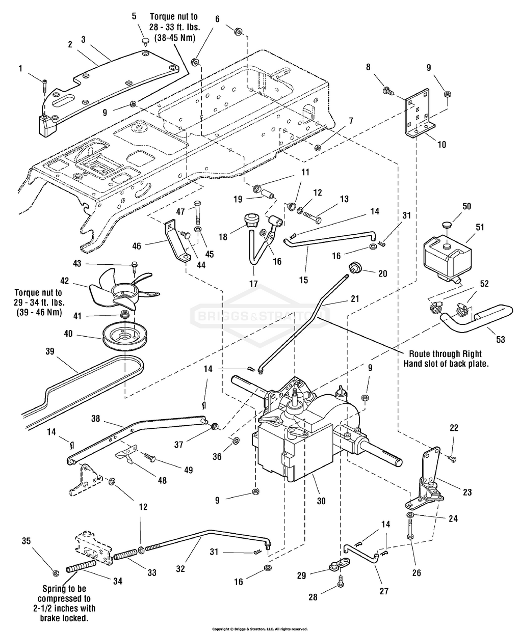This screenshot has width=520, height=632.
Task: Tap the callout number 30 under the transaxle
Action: click(321, 501)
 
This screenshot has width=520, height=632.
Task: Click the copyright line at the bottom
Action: click(259, 629)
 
